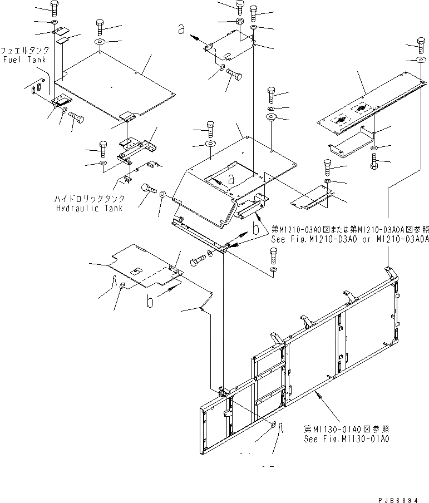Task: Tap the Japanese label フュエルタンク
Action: [x=23, y=50]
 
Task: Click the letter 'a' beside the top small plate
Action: [x=181, y=31]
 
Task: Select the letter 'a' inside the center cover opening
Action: [x=230, y=179]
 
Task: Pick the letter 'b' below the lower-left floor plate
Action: [x=150, y=302]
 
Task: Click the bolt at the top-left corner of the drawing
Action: [x=54, y=8]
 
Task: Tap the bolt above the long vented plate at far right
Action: [x=421, y=45]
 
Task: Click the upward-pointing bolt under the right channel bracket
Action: [x=373, y=162]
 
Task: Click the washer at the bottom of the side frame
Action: [x=273, y=426]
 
